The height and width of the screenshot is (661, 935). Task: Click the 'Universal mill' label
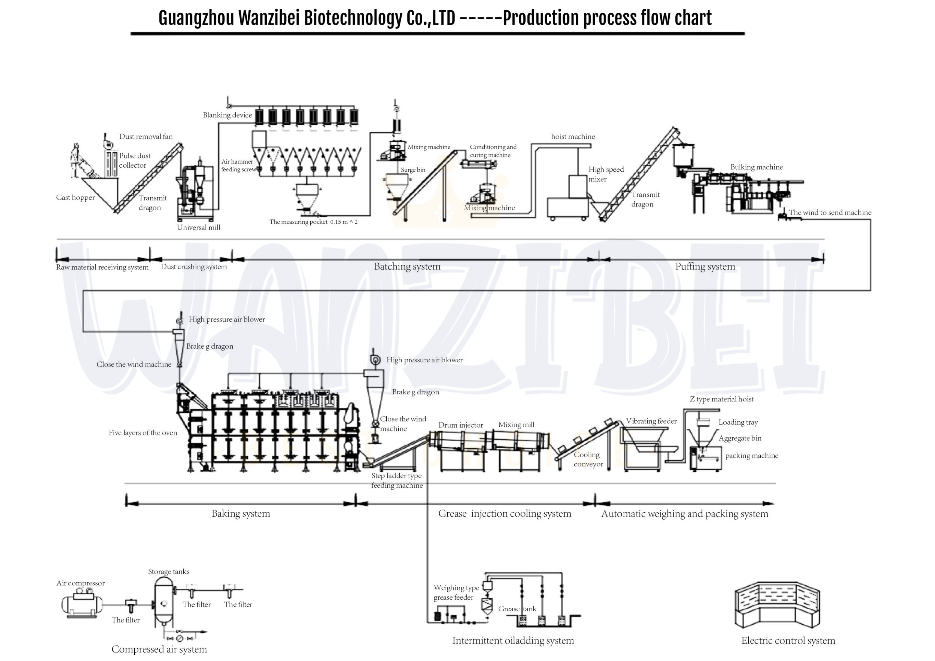198,228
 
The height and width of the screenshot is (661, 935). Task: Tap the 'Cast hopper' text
75,198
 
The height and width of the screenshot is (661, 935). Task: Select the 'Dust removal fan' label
146,137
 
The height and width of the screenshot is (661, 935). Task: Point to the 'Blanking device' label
227,115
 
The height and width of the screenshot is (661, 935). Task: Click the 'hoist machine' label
573,137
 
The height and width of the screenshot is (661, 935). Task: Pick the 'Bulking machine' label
756,167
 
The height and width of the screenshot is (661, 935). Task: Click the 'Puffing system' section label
705,267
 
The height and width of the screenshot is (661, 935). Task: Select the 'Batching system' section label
407,267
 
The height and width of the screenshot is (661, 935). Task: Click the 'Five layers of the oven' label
143,433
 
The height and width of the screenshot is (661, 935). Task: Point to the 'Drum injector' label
461,425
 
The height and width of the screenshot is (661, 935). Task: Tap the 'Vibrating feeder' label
651,421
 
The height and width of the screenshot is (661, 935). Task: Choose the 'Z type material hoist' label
721,399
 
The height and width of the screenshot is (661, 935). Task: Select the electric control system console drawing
777,605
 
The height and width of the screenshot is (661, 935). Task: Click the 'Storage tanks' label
168,572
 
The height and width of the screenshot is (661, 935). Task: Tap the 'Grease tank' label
517,609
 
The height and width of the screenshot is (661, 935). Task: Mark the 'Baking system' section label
241,514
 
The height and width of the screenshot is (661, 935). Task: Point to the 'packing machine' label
751,456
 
